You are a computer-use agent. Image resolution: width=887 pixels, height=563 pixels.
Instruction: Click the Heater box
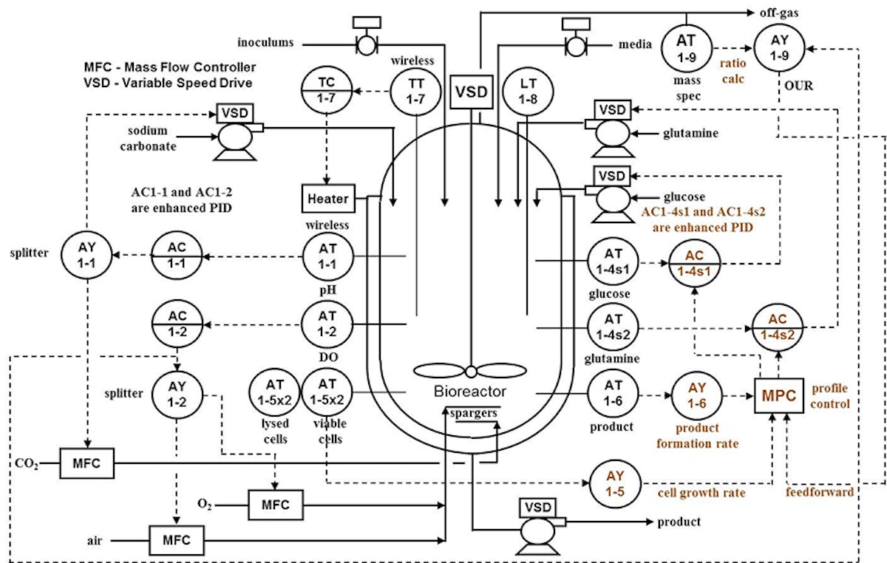328,197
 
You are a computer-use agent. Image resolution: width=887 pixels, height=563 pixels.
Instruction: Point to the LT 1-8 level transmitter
527,92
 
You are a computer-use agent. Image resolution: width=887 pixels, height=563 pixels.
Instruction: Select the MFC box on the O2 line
276,506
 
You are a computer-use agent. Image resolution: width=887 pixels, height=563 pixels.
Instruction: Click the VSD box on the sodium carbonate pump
235,114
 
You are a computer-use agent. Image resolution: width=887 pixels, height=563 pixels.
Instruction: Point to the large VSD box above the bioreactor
472,92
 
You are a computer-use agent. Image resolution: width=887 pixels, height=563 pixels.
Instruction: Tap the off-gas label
779,13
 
